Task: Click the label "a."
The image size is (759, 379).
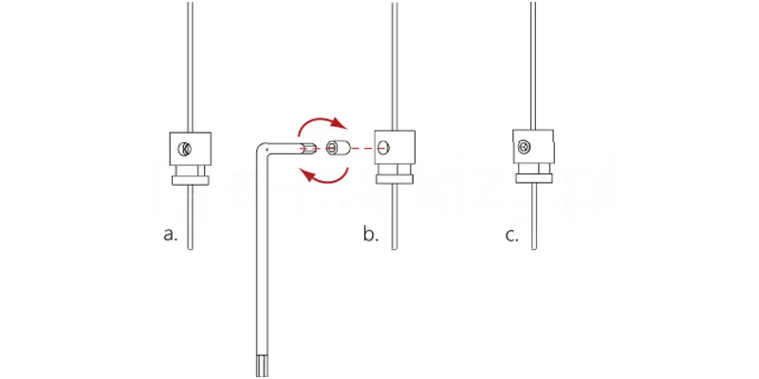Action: [x=171, y=234]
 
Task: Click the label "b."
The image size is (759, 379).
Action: [x=370, y=234]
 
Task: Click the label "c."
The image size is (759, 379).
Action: [x=512, y=234]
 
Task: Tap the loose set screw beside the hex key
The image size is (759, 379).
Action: [x=337, y=148]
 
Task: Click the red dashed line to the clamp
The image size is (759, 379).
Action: [x=362, y=148]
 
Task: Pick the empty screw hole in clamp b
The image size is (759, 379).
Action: [x=382, y=148]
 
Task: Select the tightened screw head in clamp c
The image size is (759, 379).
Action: [x=523, y=147]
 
